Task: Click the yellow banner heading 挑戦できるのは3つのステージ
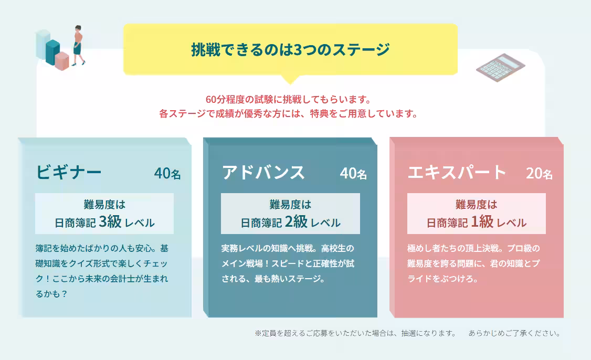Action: point(290,50)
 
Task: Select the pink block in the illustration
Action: point(62,61)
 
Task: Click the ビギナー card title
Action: point(69,172)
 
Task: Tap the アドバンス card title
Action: point(263,172)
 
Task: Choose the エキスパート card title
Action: point(457,172)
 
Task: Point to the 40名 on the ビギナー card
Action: point(167,174)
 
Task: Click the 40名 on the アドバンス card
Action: point(353,174)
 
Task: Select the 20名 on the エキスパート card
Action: point(539,174)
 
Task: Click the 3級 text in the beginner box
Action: point(110,221)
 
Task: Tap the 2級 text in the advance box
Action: point(296,221)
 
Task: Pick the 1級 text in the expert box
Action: point(482,221)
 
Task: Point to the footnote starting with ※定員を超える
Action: point(407,333)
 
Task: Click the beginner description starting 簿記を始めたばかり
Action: point(102,271)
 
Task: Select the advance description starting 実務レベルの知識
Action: point(288,263)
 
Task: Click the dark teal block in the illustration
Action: point(53,51)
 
